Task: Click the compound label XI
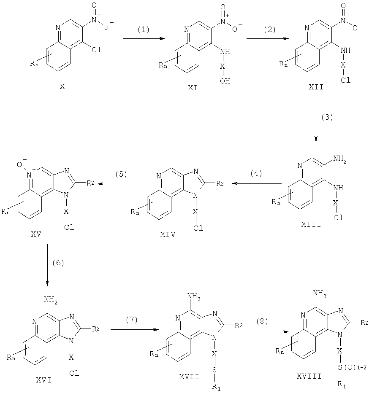click(193, 88)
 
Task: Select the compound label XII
click(316, 87)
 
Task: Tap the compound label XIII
click(311, 224)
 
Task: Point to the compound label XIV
click(168, 234)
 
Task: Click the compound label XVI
click(43, 380)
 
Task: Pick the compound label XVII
click(189, 377)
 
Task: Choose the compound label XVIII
click(309, 376)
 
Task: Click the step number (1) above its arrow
click(143, 30)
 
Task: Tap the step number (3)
click(327, 117)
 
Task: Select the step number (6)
click(58, 263)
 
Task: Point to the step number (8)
click(262, 322)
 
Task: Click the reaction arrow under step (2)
click(268, 39)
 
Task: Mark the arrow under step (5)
click(121, 184)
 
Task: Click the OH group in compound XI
click(225, 81)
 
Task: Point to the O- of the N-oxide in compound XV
click(21, 164)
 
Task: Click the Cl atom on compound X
click(96, 50)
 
